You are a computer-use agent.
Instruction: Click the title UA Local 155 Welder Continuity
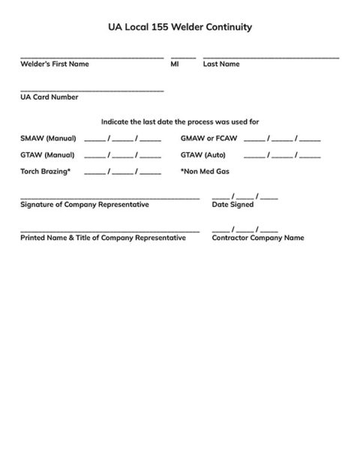pos(180,27)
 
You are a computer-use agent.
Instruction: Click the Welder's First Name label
pos(55,64)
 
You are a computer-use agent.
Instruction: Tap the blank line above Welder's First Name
pos(91,57)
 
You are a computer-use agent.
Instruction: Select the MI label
pos(175,64)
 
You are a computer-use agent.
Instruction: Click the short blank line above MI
pos(183,57)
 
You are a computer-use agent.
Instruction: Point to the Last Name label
pos(221,64)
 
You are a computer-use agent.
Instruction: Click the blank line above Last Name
pos(271,57)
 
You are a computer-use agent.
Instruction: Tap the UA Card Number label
pos(49,97)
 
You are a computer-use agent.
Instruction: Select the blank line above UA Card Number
pos(91,90)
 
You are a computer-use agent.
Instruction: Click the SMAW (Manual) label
pos(48,138)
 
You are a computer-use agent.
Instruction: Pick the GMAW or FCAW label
pos(208,138)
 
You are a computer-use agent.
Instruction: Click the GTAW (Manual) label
pos(47,154)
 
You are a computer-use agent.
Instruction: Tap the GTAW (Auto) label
pos(203,154)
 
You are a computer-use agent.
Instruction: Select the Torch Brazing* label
pos(46,172)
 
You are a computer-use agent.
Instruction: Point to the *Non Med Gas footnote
pos(205,172)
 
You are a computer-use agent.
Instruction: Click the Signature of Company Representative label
pos(85,205)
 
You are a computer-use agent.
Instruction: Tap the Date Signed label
pos(233,205)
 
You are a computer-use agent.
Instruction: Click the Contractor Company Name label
pos(258,238)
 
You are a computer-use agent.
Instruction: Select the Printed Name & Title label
pos(103,238)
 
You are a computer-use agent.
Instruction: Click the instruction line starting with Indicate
pos(180,121)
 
